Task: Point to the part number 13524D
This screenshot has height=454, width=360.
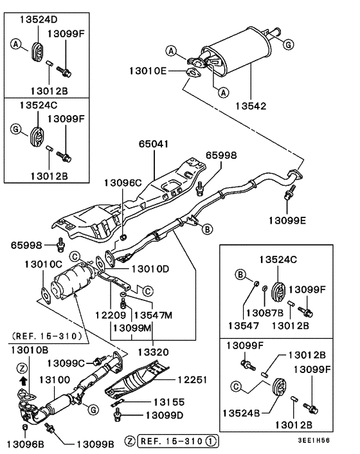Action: [x=37, y=19]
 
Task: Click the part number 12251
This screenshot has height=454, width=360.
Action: [x=192, y=379]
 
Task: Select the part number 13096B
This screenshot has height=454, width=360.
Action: [x=24, y=443]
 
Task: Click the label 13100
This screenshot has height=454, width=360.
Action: [x=55, y=380]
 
